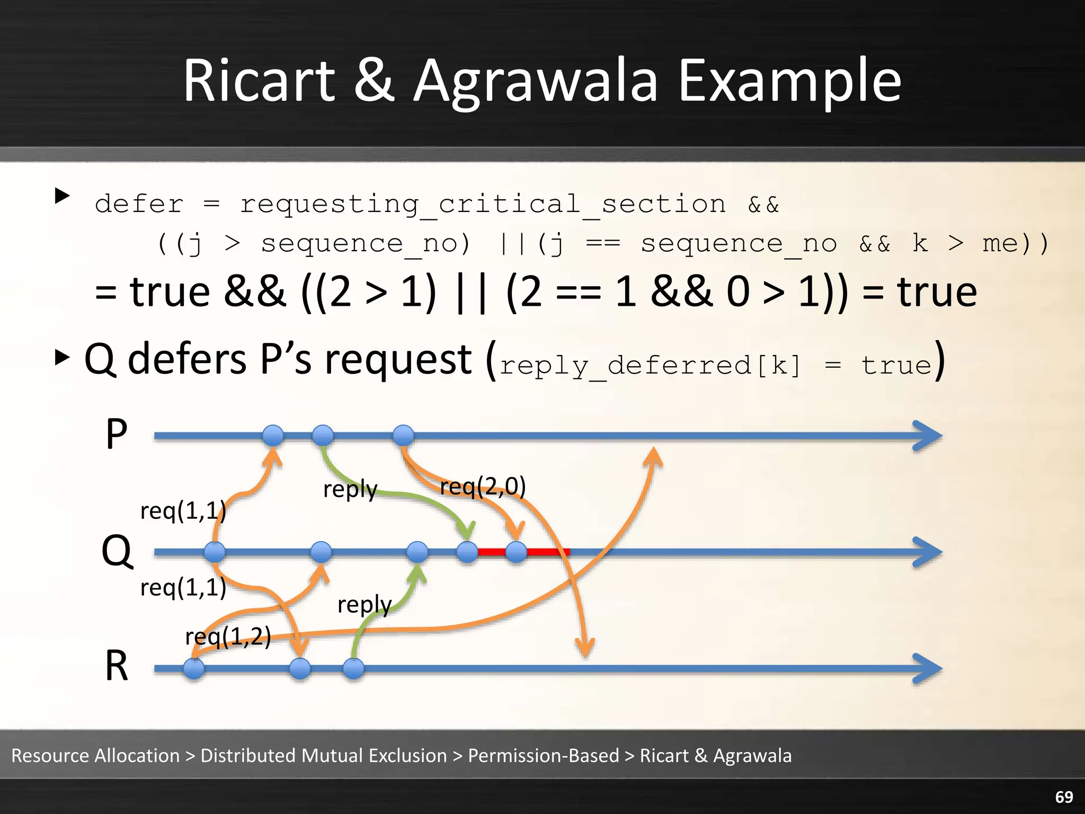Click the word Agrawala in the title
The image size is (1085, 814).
535,82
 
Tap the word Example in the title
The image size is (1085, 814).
789,82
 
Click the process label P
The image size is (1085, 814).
117,434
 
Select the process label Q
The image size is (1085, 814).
117,551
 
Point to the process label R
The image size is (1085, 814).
117,666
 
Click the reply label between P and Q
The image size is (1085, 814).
350,489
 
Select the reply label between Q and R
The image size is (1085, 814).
364,605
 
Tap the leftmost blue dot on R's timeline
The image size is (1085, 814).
194,669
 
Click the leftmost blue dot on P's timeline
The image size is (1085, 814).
273,436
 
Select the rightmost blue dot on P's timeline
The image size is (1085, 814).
404,436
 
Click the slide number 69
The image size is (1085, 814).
1064,797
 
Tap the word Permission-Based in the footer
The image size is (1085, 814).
543,756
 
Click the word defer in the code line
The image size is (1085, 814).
139,205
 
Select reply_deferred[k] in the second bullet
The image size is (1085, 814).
650,366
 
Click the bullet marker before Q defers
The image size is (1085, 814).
63,358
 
